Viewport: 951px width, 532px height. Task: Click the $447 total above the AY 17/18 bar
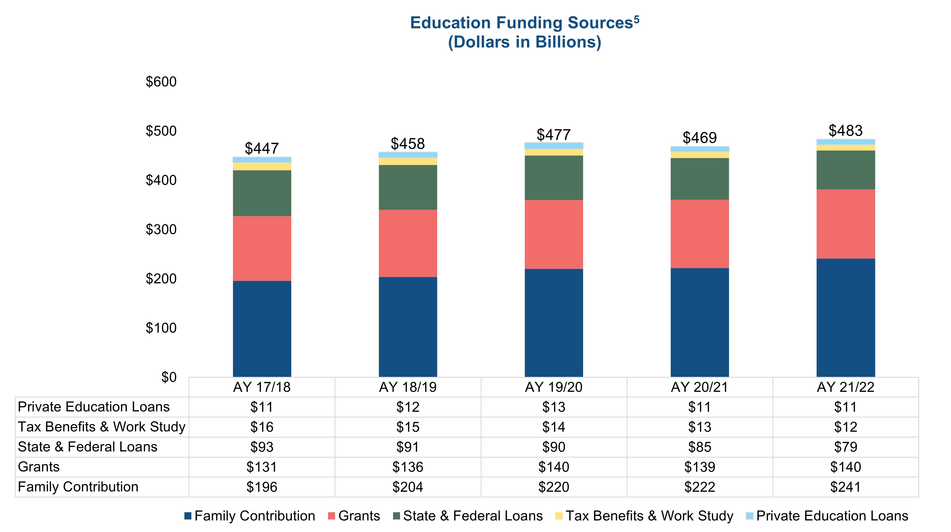(261, 148)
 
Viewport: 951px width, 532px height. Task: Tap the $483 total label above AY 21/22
(846, 131)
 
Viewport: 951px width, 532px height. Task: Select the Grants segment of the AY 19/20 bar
(553, 235)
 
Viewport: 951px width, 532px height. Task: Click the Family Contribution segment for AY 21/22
(846, 317)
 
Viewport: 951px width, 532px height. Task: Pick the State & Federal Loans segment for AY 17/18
(262, 193)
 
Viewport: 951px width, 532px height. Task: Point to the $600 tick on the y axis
(161, 82)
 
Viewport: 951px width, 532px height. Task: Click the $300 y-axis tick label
(161, 230)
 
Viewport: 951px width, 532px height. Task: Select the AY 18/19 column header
(408, 387)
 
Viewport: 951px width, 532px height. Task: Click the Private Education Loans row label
(94, 407)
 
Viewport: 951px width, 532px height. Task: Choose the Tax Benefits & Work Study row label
(102, 427)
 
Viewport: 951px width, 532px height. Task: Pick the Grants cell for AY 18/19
(408, 467)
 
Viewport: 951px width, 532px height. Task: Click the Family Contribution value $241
(846, 487)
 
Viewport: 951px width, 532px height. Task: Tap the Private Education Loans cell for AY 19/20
(553, 407)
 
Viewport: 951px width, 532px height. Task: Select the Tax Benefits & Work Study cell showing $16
(262, 427)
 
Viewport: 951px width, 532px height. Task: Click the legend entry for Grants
(354, 516)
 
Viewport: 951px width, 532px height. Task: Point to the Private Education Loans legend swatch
(749, 516)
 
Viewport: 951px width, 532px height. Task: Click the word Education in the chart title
(451, 23)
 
